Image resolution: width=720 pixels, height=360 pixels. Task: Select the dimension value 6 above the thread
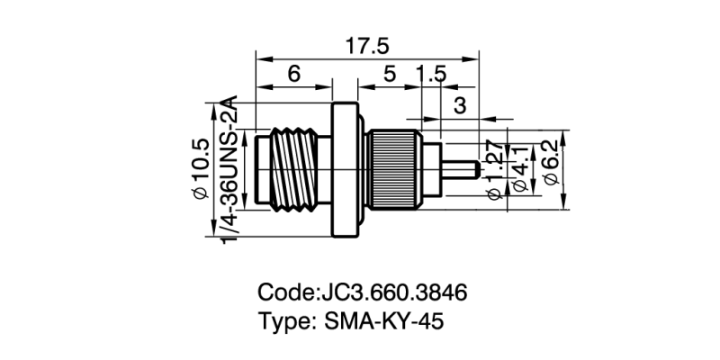click(294, 76)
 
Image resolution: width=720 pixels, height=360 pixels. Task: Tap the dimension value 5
click(389, 76)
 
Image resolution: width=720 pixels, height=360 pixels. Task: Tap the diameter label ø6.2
click(552, 166)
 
